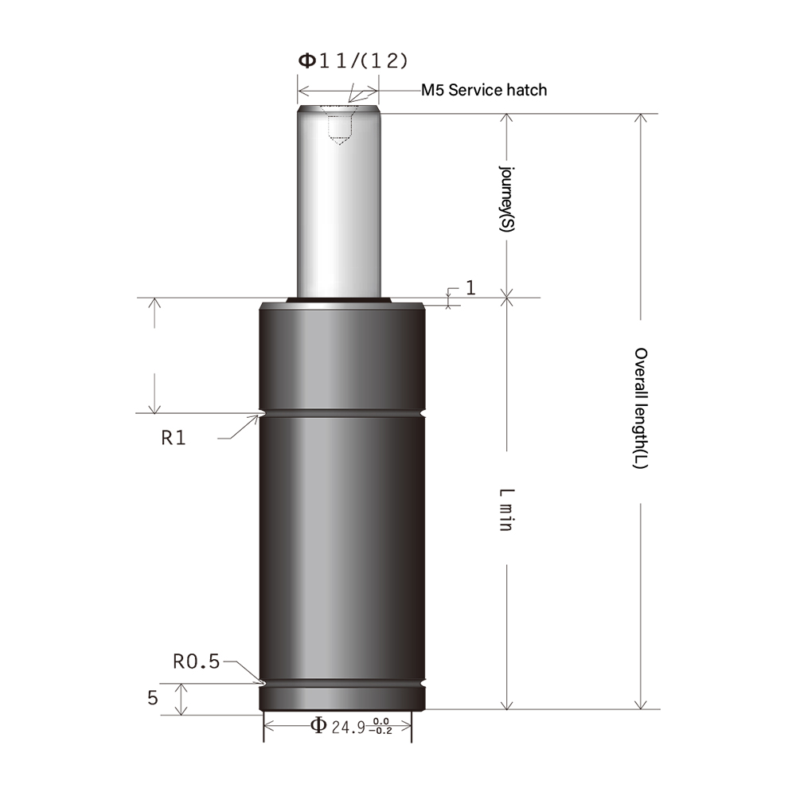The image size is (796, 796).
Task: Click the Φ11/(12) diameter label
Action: pyautogui.click(x=353, y=61)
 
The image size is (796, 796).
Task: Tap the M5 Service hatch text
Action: pyautogui.click(x=484, y=90)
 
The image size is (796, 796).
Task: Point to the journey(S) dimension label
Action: pyautogui.click(x=506, y=199)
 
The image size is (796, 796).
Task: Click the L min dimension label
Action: pyautogui.click(x=505, y=510)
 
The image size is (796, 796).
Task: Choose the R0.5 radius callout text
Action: pyautogui.click(x=196, y=661)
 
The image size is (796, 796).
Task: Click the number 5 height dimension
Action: pyautogui.click(x=153, y=698)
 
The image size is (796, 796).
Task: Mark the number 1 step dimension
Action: pyautogui.click(x=470, y=287)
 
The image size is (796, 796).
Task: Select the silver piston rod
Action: pyautogui.click(x=338, y=207)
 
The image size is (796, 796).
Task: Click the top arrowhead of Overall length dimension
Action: pyautogui.click(x=639, y=119)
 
